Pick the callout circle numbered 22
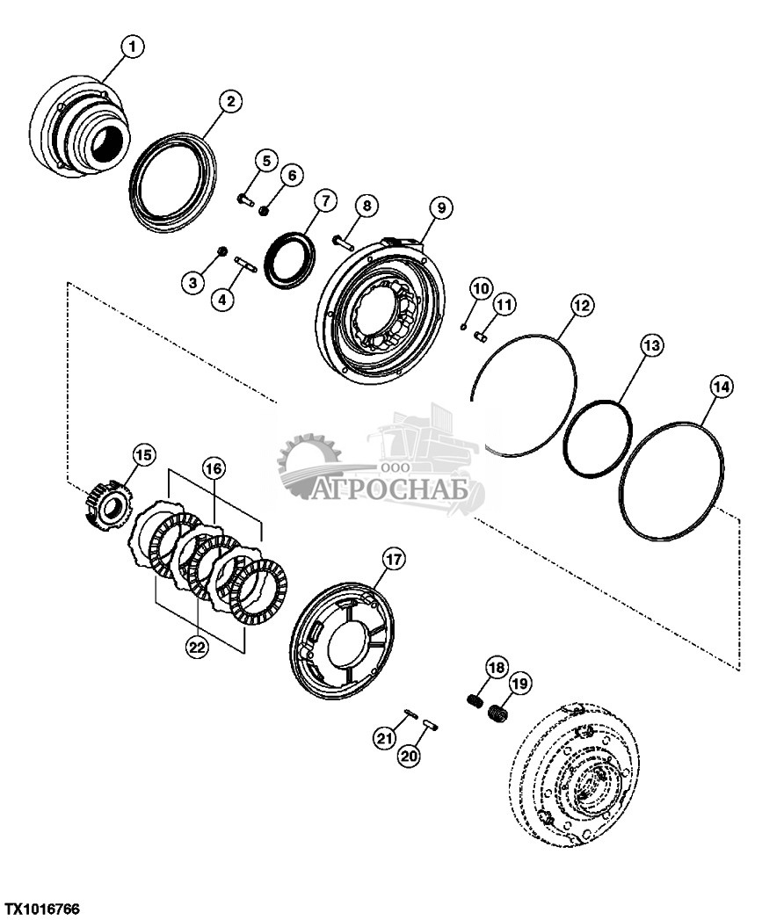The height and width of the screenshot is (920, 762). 197,648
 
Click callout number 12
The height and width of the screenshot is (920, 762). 581,306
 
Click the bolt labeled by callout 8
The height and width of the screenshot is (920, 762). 343,239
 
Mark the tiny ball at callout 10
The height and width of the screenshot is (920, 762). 462,326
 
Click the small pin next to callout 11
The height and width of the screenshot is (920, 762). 482,333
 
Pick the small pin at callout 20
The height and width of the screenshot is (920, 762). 430,723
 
